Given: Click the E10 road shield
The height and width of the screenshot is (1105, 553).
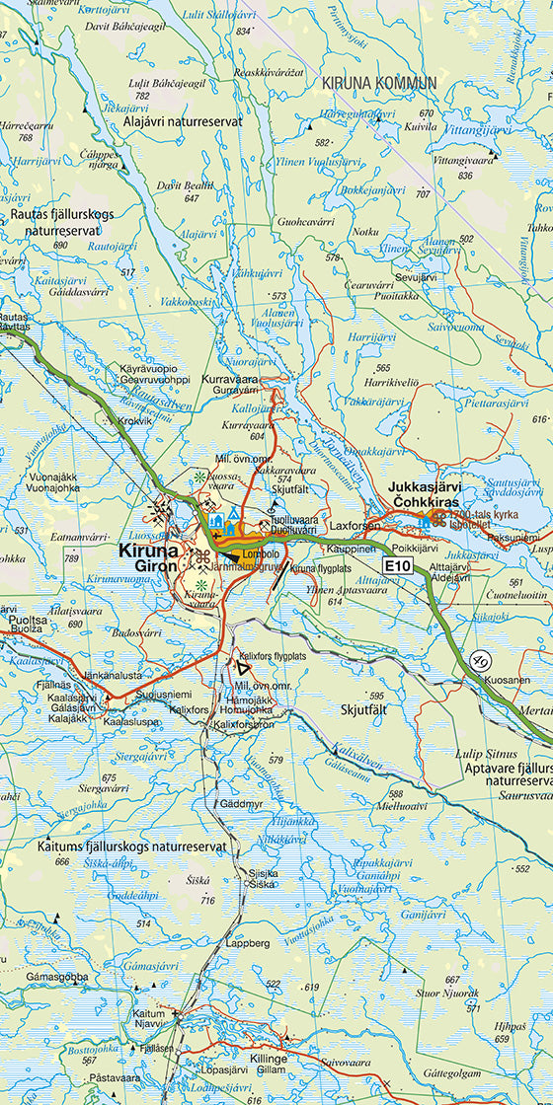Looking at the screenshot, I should pos(397,565).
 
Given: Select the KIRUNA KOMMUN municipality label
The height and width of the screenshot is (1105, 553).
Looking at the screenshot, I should pos(379,84).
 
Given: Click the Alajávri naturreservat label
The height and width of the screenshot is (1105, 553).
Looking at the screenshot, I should pos(184,120).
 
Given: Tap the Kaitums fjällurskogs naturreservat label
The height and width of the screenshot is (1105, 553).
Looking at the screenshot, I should pos(132,846).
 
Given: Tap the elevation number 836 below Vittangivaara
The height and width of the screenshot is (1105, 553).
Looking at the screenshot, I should pos(465,176).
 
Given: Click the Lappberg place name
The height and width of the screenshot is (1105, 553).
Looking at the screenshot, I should pos(247,942).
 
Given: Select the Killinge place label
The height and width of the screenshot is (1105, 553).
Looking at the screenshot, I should pos(269,1058).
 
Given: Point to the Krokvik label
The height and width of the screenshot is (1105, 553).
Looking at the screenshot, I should pos(135,420).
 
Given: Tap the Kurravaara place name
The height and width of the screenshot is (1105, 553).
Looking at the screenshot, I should pos(229,378).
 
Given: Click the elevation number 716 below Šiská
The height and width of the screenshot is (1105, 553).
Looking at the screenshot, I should pos(206,900).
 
